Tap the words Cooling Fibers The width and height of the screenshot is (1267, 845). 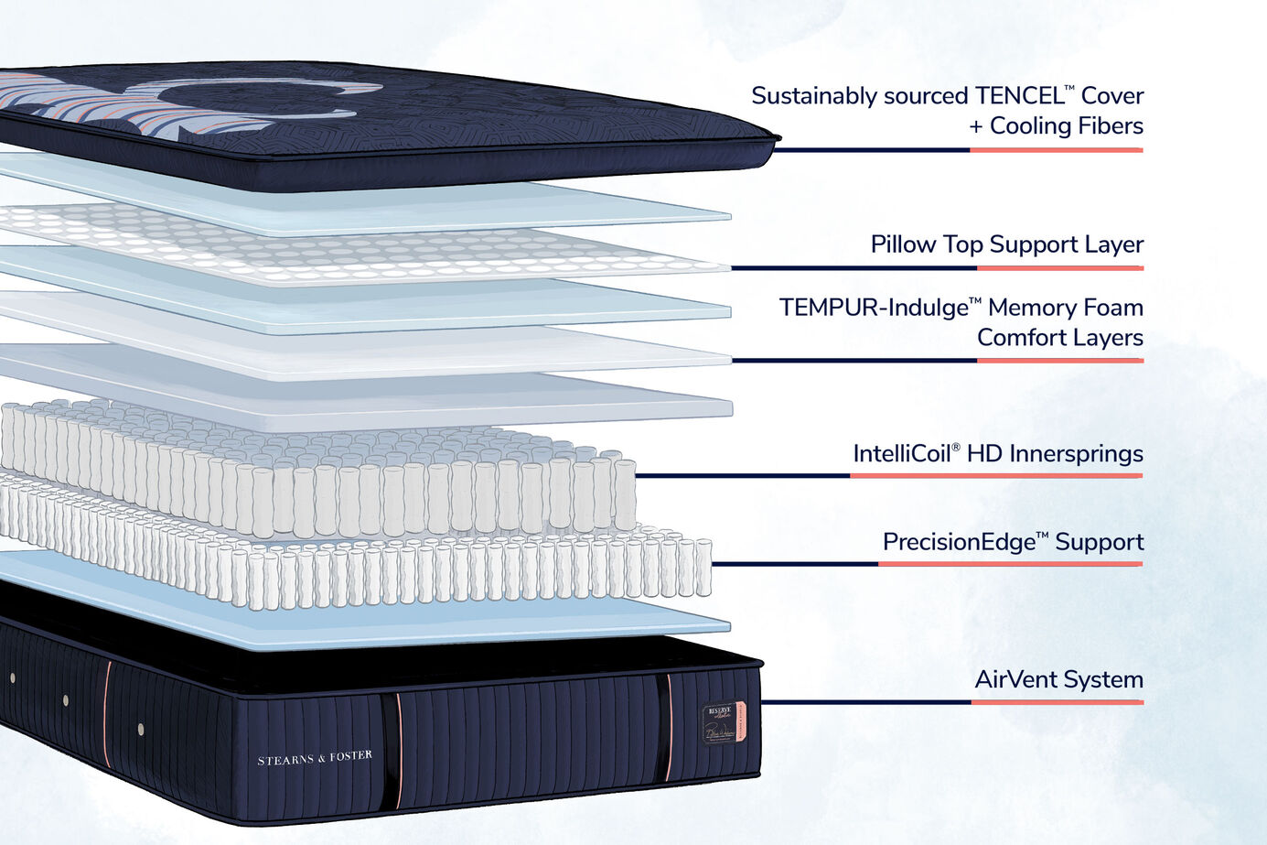pos(1066,126)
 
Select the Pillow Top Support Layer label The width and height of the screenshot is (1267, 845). pos(1006,244)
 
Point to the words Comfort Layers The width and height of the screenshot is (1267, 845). pos(1059,338)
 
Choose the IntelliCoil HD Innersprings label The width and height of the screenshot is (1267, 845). pos(997,454)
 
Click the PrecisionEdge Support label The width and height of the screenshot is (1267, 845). pos(1013,542)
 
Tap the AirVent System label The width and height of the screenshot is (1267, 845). pos(1058,680)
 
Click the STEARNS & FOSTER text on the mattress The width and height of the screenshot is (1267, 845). pos(315,758)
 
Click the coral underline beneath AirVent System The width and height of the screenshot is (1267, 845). pos(1057,702)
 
